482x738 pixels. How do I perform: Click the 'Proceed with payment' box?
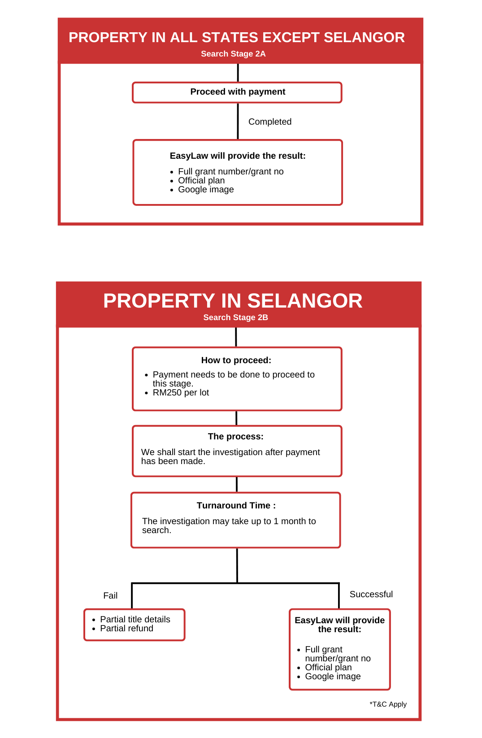238,92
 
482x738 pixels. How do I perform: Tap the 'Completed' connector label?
270,122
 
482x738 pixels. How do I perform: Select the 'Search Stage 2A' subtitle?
233,54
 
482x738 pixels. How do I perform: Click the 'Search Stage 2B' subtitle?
235,317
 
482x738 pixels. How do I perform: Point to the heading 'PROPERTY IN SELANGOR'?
233,301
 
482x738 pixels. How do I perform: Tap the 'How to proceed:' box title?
236,360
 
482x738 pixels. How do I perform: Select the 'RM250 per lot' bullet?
181,393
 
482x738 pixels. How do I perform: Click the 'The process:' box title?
236,437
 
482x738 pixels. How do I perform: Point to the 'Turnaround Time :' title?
236,506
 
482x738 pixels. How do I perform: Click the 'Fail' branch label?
110,596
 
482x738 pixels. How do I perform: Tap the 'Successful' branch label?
371,595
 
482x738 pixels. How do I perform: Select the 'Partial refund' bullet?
126,629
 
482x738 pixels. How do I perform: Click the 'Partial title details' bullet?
135,620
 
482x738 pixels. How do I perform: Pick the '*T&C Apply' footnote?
388,704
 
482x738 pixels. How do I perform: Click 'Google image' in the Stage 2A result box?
206,190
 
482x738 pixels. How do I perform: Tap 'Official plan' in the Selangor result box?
328,668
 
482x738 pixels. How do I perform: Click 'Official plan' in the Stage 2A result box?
201,181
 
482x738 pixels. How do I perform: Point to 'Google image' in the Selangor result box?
333,677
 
